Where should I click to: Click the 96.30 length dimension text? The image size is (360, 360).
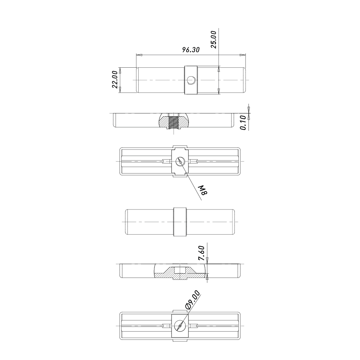click(x=191, y=50)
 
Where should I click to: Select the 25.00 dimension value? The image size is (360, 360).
click(x=213, y=40)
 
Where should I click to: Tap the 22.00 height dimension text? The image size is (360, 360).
click(x=115, y=80)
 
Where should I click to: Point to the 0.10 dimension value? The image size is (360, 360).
click(x=243, y=123)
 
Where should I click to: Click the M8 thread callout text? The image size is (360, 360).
click(x=203, y=190)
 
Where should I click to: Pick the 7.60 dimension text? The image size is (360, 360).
click(x=201, y=253)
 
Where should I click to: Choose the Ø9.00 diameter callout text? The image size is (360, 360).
click(x=192, y=300)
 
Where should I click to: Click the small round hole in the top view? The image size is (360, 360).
click(x=191, y=80)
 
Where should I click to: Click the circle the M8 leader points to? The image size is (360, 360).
click(x=180, y=161)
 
